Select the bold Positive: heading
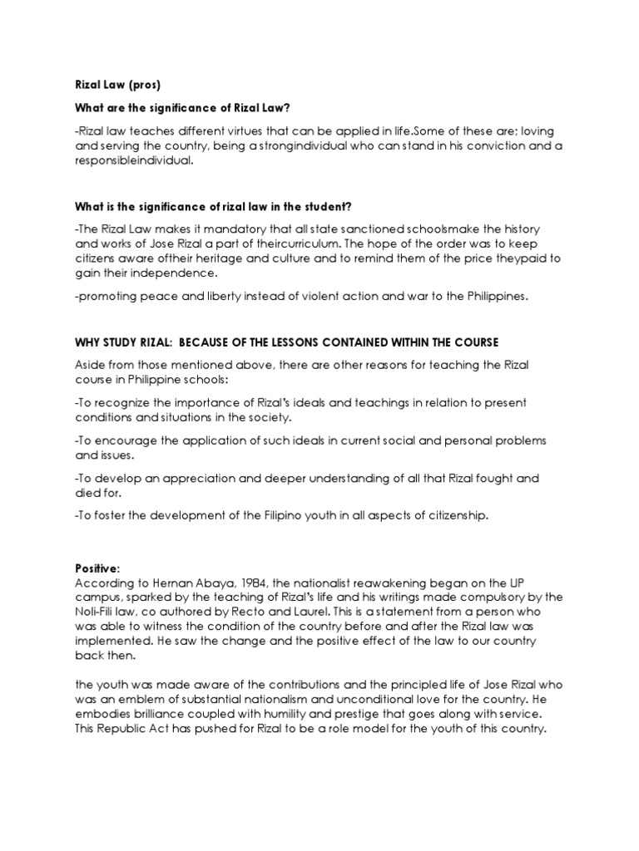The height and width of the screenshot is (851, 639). click(97, 568)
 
